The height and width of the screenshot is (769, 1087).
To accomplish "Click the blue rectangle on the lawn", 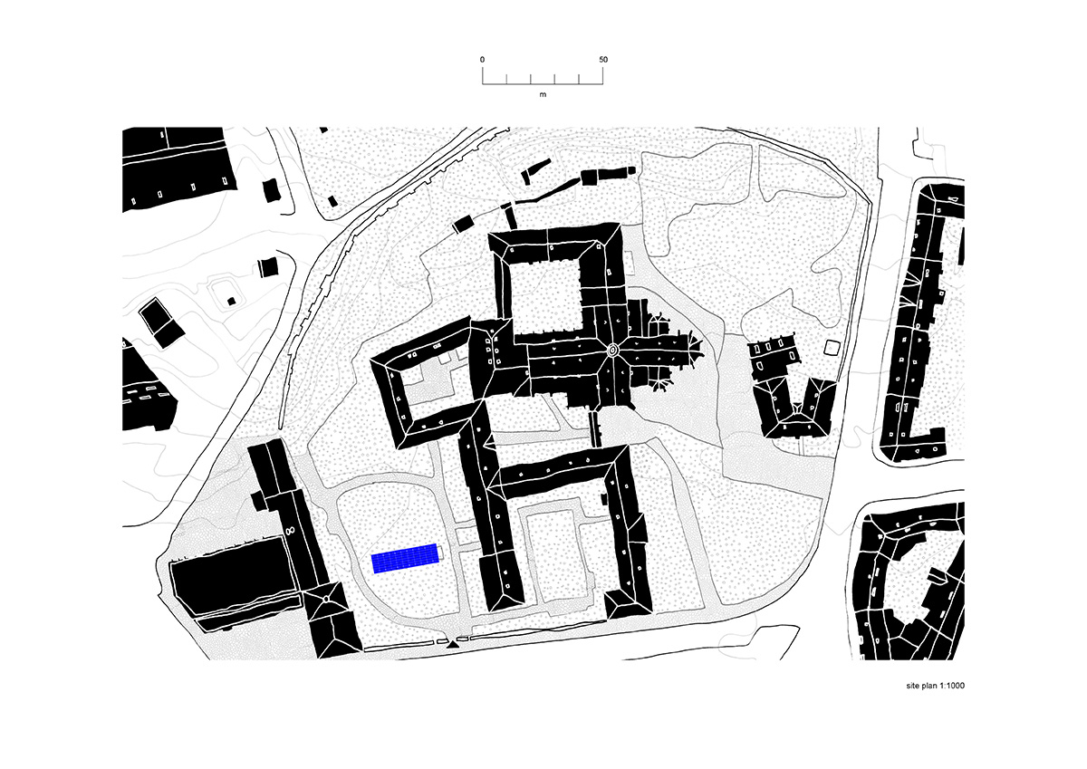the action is click(x=405, y=559).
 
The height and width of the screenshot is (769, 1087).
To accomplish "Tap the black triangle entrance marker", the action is click(x=452, y=644).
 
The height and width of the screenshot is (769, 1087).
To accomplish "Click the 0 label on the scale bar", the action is click(x=482, y=60).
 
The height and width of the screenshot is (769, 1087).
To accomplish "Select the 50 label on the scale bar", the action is click(x=603, y=60).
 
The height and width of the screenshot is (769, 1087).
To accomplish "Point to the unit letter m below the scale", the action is click(x=543, y=94).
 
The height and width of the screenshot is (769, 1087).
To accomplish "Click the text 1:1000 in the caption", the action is click(x=950, y=686).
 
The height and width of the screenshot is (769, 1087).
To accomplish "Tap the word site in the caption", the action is click(x=912, y=686).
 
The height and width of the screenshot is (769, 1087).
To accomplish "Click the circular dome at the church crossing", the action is click(x=612, y=350).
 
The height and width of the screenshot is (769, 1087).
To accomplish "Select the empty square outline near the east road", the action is click(x=832, y=348).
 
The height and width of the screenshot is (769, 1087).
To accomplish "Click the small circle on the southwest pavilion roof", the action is click(x=325, y=600).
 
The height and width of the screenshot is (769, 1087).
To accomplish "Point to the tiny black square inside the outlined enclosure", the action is click(x=232, y=302).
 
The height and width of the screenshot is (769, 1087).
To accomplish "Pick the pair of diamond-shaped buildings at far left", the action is click(x=162, y=322).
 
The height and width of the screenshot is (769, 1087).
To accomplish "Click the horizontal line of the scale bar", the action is click(x=543, y=84).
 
